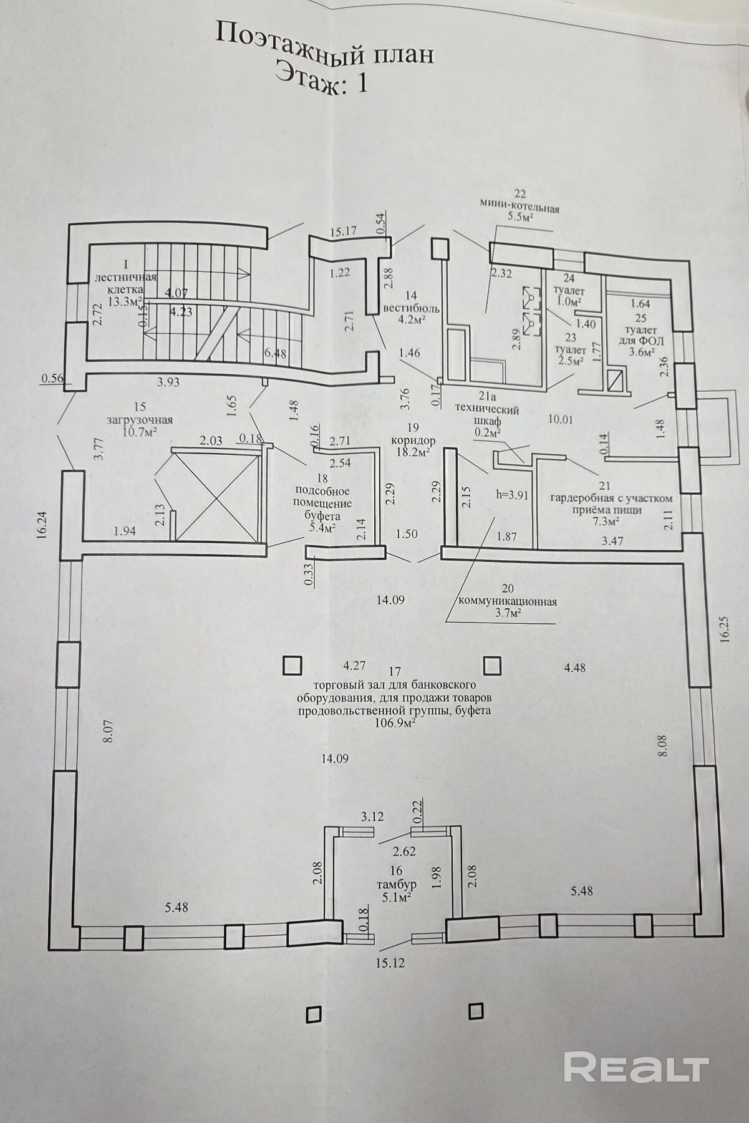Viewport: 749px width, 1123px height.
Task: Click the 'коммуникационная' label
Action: [x=507, y=602]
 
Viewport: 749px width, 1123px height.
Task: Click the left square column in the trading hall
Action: [x=292, y=666]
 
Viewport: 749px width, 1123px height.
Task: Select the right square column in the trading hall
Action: [x=493, y=666]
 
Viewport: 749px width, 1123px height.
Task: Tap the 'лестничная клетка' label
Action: [x=125, y=284]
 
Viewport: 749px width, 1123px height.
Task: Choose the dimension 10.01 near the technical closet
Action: [x=559, y=419]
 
